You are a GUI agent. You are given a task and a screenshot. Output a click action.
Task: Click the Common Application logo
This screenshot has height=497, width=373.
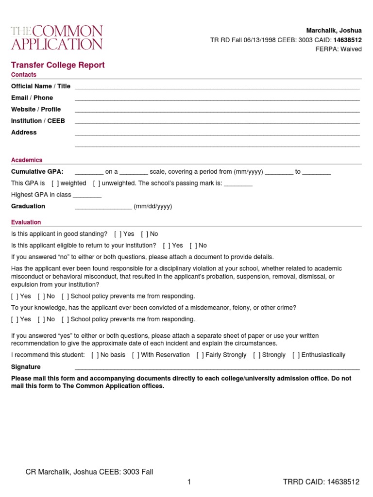[57, 37]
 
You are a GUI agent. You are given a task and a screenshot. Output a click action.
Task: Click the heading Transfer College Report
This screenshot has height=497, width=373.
[58, 65]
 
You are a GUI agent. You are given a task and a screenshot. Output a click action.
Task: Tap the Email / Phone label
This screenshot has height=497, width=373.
[32, 98]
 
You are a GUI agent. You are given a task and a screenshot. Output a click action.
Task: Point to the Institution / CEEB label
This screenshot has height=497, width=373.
[38, 121]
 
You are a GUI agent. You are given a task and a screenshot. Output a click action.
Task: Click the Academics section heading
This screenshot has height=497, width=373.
[27, 160]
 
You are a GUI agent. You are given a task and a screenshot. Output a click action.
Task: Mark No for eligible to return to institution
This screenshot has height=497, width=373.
[193, 246]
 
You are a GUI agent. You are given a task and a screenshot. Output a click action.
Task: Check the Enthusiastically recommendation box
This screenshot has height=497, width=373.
[296, 355]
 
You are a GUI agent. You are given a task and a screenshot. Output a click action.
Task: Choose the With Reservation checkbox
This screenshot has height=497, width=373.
[136, 355]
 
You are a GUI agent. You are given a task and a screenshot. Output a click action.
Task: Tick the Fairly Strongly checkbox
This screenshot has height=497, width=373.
[200, 355]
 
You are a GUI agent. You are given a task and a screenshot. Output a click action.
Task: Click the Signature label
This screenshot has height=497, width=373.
[26, 367]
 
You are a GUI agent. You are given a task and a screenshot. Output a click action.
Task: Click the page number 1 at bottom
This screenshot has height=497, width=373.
[189, 482]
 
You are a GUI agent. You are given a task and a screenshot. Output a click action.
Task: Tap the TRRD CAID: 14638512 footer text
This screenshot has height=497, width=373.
[321, 482]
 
